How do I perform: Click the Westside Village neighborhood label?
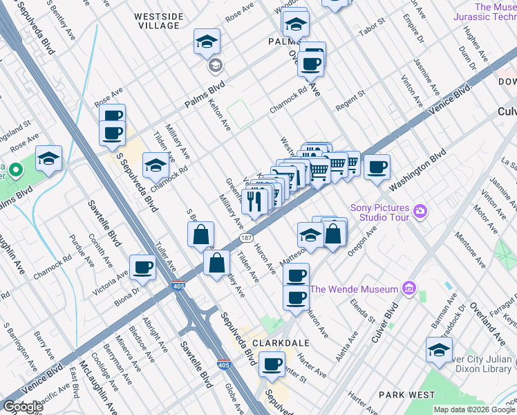point(158,20)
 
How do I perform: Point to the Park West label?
point(407,395)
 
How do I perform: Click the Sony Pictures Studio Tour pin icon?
point(419,210)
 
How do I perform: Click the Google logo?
point(23,407)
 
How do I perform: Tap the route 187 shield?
point(246,238)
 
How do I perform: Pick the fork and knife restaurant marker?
point(254,201)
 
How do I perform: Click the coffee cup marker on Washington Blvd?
point(377,167)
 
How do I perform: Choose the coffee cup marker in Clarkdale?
point(272,362)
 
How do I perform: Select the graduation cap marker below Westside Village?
point(207,43)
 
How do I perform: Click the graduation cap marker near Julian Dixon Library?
point(439,350)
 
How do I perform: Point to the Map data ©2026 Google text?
point(474,409)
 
